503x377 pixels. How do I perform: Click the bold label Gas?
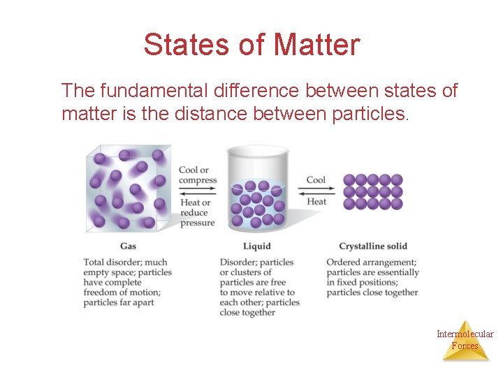point(128,246)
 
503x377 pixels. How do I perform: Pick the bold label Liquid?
point(256,246)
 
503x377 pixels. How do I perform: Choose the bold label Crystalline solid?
point(372,246)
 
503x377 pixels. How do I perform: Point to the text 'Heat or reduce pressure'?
point(197,212)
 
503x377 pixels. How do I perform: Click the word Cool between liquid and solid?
point(316,179)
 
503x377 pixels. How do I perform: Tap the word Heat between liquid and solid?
point(316,201)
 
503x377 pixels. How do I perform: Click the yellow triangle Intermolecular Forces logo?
point(465,343)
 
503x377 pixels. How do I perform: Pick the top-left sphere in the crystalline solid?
point(349,179)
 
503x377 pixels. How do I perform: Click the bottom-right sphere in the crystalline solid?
point(397,203)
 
